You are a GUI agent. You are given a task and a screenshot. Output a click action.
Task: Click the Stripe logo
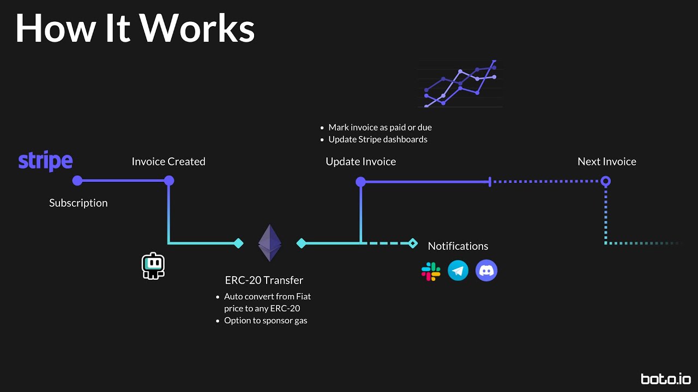45,161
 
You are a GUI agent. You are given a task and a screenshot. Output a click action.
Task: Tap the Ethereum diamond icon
269,243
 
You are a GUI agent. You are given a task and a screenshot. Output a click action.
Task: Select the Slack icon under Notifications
431,271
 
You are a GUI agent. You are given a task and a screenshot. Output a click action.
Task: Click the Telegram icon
458,271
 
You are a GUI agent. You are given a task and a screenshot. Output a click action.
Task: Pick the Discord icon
486,271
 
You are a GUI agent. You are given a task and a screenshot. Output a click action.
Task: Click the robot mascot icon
153,266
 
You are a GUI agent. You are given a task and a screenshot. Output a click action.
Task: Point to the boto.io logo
666,379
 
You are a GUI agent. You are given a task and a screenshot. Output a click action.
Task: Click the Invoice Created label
169,162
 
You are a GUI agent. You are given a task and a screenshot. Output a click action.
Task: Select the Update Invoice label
360,162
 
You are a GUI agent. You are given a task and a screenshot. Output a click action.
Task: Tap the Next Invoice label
606,162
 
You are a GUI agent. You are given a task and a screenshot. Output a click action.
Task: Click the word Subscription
79,203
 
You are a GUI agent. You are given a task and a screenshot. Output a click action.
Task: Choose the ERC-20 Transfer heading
264,280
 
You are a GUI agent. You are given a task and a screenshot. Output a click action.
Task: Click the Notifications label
458,246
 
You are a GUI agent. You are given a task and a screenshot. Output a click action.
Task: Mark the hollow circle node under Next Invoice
605,181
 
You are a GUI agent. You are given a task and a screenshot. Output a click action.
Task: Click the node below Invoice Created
169,181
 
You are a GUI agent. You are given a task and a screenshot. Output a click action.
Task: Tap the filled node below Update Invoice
360,182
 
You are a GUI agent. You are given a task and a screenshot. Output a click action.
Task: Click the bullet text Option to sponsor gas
266,321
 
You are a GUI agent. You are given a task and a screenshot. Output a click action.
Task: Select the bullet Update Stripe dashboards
377,139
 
